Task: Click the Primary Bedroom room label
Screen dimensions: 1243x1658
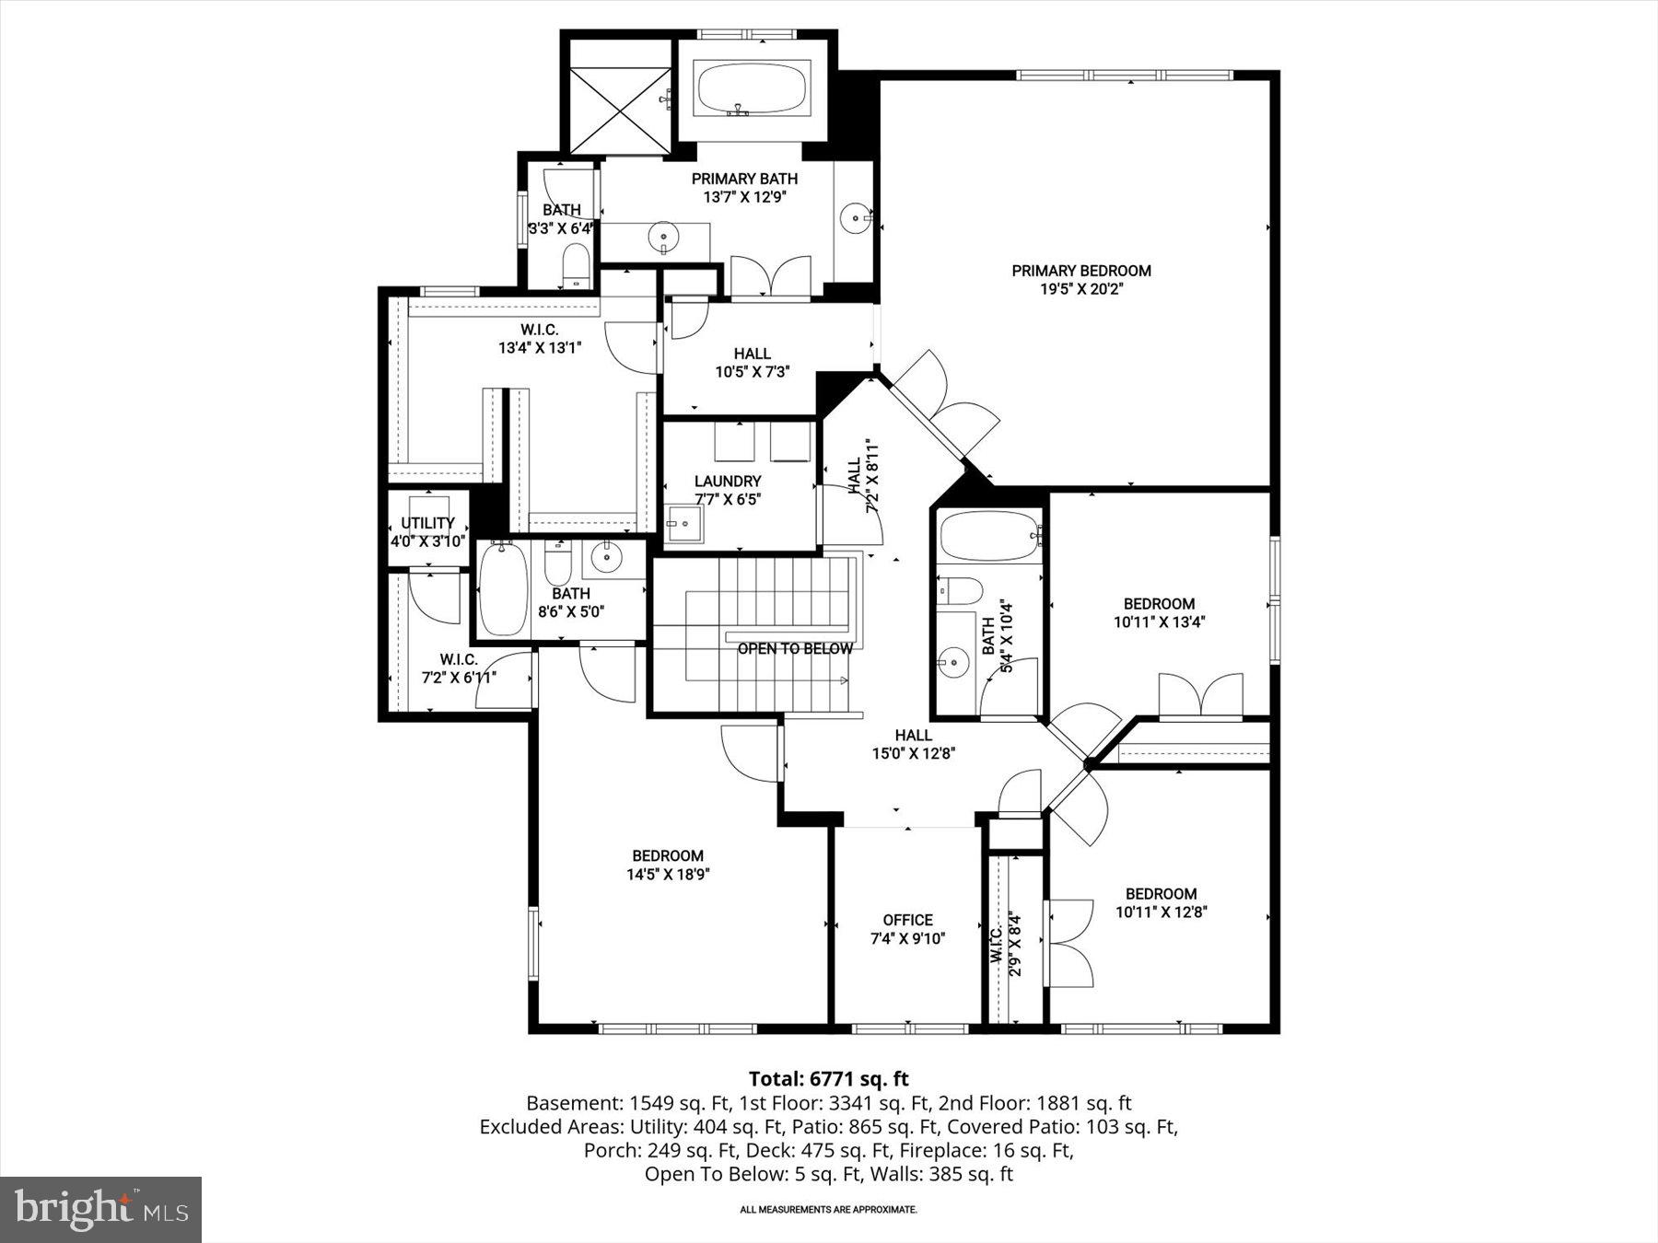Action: [x=1081, y=271]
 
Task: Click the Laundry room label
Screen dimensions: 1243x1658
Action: [x=728, y=482]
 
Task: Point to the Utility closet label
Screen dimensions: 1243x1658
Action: [x=427, y=523]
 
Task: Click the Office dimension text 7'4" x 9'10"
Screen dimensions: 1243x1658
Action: [x=907, y=938]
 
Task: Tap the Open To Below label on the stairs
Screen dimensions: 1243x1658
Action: [x=795, y=648]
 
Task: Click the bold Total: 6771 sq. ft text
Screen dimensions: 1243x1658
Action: [x=828, y=1078]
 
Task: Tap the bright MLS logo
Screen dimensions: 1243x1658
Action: [x=100, y=1209]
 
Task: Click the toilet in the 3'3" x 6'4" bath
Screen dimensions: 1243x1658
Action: [x=576, y=263]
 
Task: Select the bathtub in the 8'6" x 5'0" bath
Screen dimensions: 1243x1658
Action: [x=503, y=589]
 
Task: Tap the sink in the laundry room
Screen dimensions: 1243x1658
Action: [x=683, y=524]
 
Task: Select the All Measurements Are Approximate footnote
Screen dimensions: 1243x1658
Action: [x=828, y=1209]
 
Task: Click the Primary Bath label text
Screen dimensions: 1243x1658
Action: [x=744, y=179]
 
